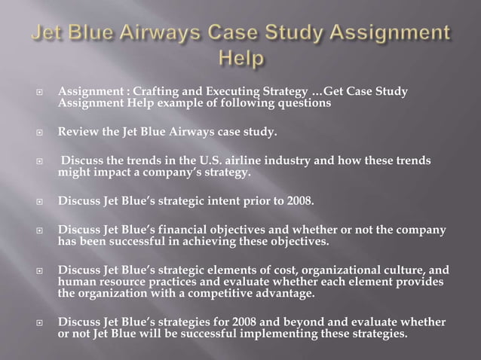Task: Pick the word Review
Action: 79,133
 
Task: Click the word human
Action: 75,281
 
